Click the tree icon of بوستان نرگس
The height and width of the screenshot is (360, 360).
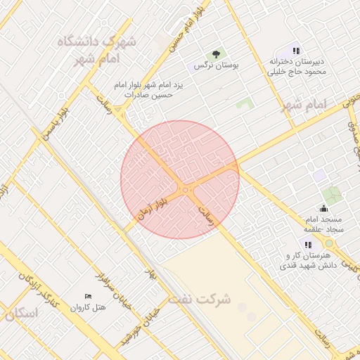(x=216, y=54)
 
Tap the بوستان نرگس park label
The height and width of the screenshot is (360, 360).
(x=217, y=65)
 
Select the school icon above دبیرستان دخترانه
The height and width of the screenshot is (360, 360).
(x=297, y=51)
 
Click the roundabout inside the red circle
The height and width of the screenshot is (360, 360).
(x=186, y=190)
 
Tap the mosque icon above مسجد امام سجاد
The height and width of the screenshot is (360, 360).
(x=323, y=208)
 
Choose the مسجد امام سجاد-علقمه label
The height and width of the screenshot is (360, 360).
(x=323, y=224)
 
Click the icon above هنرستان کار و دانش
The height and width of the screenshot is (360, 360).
(x=307, y=244)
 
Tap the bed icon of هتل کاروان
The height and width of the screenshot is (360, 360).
(x=88, y=296)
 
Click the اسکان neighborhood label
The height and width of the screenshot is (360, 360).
(x=20, y=314)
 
